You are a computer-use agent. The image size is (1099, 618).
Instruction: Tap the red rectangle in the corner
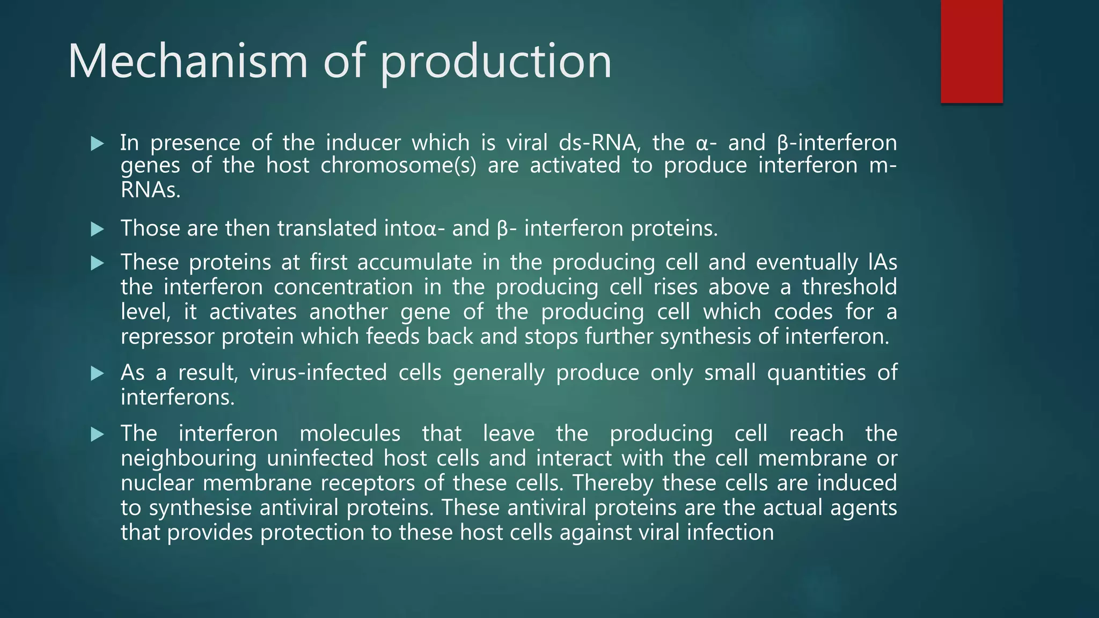click(x=971, y=51)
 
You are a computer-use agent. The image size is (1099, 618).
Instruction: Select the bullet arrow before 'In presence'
click(x=97, y=144)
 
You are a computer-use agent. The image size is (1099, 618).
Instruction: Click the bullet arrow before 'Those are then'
click(x=97, y=230)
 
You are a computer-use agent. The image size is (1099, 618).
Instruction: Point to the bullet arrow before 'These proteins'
click(x=97, y=263)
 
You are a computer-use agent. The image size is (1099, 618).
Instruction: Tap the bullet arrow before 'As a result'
click(x=97, y=373)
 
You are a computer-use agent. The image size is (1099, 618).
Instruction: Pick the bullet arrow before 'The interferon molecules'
click(x=97, y=435)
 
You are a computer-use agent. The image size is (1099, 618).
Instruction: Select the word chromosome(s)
click(x=398, y=165)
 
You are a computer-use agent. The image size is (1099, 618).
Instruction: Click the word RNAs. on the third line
click(x=150, y=190)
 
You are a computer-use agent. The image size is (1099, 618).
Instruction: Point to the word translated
click(x=327, y=229)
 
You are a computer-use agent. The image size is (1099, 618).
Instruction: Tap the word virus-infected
click(x=318, y=372)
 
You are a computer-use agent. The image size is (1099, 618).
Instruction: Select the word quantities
click(x=816, y=372)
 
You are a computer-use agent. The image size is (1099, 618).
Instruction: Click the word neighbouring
click(x=188, y=459)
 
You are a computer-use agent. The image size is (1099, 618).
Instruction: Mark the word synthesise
click(x=200, y=508)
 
